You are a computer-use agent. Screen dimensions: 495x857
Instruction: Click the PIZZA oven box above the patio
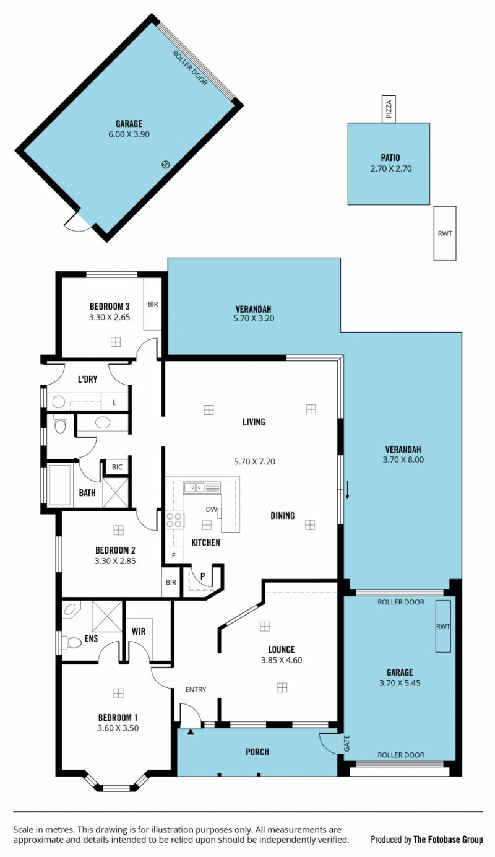(389, 109)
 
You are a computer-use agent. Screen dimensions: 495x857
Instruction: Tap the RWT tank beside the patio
(445, 233)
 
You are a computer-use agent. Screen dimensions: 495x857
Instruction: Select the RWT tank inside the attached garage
(443, 626)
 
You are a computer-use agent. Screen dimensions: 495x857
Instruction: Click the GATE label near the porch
(346, 743)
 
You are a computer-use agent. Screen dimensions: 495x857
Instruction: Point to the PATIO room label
(390, 158)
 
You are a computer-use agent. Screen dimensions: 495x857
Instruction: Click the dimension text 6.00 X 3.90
(129, 134)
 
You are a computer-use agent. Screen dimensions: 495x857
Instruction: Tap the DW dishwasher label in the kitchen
(212, 509)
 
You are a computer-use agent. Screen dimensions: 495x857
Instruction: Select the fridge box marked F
(173, 555)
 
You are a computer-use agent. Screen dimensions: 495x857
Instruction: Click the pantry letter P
(202, 576)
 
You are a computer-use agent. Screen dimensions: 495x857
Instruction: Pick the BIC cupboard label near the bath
(117, 467)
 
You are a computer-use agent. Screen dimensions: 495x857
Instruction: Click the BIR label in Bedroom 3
(152, 304)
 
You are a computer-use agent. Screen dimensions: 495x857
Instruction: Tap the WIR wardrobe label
(139, 631)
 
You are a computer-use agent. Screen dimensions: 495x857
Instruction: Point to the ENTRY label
(196, 689)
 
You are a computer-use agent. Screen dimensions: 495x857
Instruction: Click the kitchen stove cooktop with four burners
(174, 520)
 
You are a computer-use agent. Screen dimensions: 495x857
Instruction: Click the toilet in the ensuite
(72, 642)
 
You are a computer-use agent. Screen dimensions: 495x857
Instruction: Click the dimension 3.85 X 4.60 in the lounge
(282, 660)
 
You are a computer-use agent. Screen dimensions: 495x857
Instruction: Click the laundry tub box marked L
(114, 402)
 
